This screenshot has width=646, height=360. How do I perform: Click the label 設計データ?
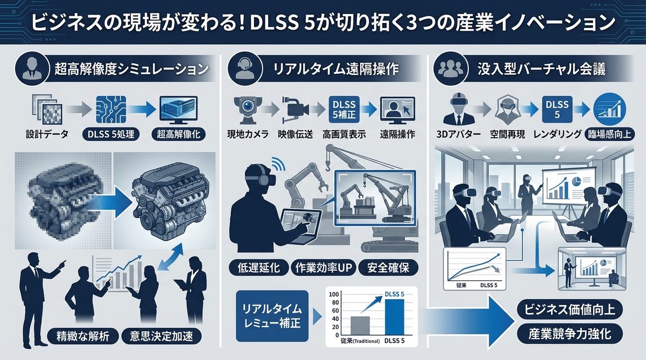click(47, 135)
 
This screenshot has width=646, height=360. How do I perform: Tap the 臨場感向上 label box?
click(610, 135)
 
